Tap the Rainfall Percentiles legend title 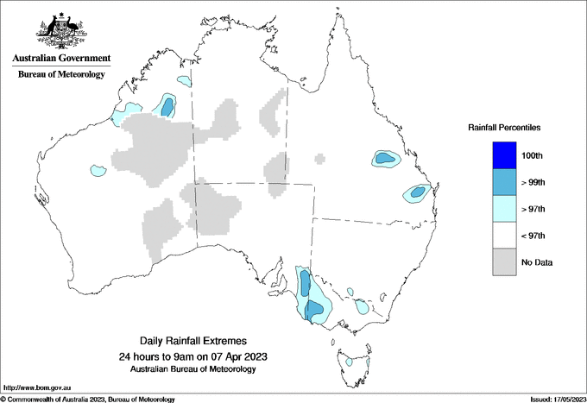[x=504, y=127]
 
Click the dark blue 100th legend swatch [x=503, y=155]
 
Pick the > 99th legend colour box [x=503, y=182]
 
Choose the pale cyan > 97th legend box [x=503, y=209]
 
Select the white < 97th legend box [x=503, y=236]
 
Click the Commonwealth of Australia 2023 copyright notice [x=86, y=399]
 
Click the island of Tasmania [x=350, y=362]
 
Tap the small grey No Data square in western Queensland [x=320, y=158]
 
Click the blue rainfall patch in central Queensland [x=384, y=159]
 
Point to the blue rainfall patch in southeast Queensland [x=418, y=192]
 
